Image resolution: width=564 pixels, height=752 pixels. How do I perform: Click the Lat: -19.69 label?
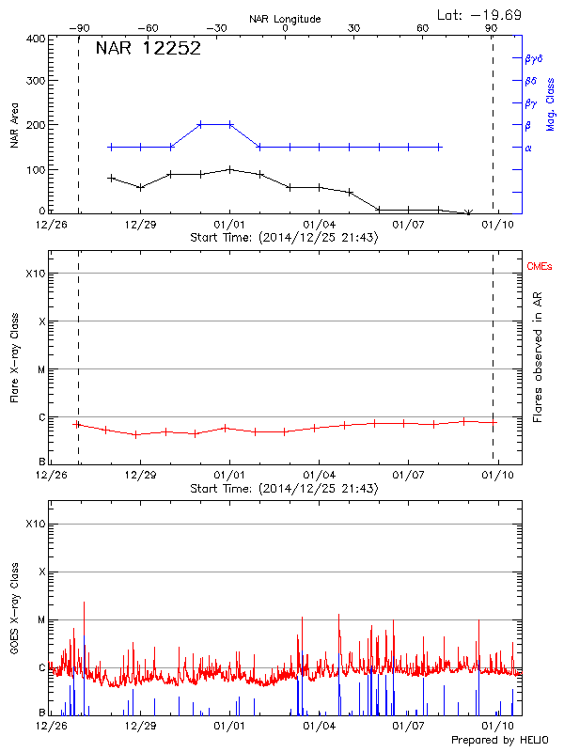[x=480, y=14]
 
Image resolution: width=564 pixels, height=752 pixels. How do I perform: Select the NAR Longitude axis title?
[x=285, y=18]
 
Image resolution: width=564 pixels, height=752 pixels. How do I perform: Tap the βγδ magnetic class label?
[x=533, y=58]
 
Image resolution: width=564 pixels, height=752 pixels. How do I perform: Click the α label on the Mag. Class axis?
[x=527, y=148]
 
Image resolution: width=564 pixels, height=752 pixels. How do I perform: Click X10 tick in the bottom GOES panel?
[x=34, y=524]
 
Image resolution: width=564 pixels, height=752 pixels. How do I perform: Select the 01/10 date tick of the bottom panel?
[x=497, y=727]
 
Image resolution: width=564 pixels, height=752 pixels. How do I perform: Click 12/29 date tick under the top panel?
[x=139, y=226]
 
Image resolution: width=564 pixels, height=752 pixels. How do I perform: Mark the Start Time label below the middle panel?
[x=284, y=489]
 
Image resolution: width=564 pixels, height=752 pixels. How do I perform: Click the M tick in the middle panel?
[x=40, y=369]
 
